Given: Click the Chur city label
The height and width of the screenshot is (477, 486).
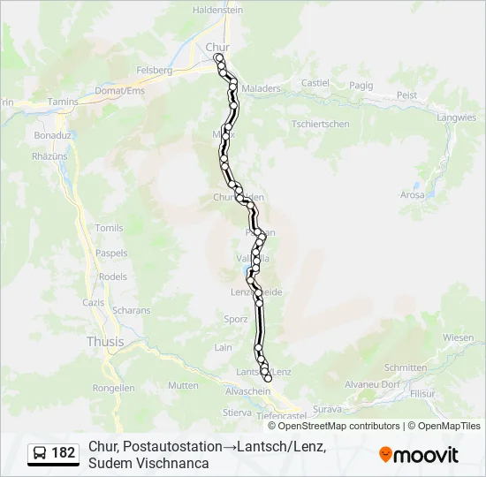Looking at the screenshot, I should [216, 47].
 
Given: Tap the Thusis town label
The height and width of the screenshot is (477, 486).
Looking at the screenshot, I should [105, 341].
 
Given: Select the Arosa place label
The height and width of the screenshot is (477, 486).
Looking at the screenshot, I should [412, 194].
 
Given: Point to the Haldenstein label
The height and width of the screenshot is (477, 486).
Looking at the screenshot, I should [217, 10].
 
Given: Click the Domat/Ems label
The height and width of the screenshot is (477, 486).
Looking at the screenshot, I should [120, 91].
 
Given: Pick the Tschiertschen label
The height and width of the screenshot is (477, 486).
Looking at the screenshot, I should [320, 124].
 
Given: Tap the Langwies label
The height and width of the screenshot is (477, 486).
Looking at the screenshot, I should [457, 117].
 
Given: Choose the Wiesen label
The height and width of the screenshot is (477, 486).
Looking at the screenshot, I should [459, 337].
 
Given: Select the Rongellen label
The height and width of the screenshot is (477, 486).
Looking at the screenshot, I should [113, 387].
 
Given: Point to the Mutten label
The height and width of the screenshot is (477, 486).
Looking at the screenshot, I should [183, 385].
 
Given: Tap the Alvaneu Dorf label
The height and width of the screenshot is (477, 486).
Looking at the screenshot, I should [372, 384].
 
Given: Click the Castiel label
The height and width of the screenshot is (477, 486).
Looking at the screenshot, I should [315, 83].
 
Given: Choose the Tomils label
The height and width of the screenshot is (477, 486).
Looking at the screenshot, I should [110, 228].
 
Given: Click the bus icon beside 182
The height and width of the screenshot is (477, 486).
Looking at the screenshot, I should [41, 453].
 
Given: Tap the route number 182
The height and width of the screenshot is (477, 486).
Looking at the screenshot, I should [64, 453].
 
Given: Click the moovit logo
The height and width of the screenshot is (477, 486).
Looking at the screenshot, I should [419, 455].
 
